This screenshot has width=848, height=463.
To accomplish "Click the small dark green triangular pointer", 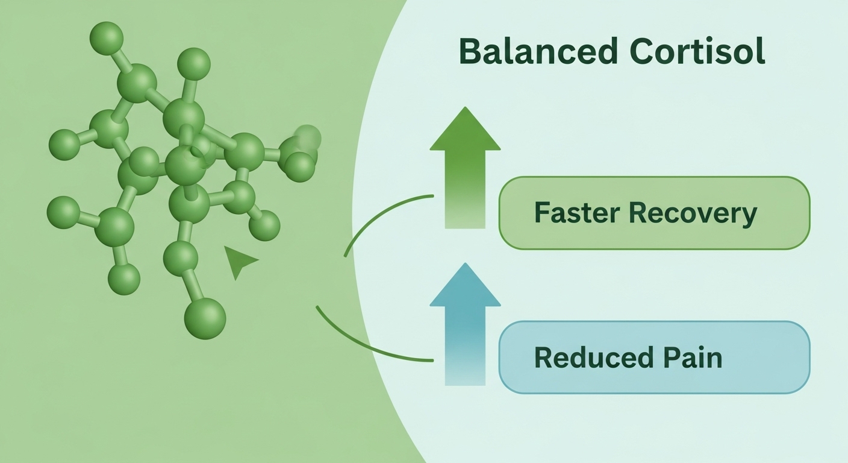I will (x=238, y=261).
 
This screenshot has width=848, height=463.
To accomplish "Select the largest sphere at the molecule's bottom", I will (x=205, y=318).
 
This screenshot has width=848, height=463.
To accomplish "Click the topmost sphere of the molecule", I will (x=107, y=37).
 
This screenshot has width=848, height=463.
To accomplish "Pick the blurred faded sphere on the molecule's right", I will (x=308, y=137).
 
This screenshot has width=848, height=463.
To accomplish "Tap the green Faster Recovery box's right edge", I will (x=809, y=213).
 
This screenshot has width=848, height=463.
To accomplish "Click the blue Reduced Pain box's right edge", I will (x=809, y=357).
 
